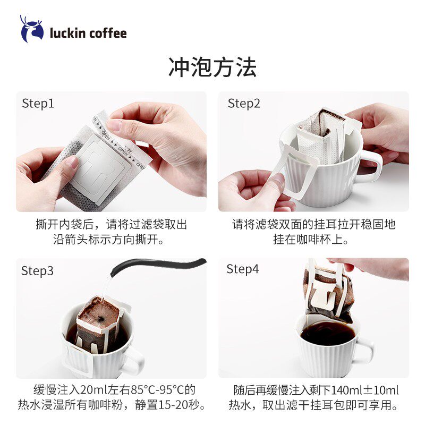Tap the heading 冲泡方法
click(x=212, y=67)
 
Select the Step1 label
click(x=38, y=103)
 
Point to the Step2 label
click(x=244, y=103)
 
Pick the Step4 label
click(x=243, y=269)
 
